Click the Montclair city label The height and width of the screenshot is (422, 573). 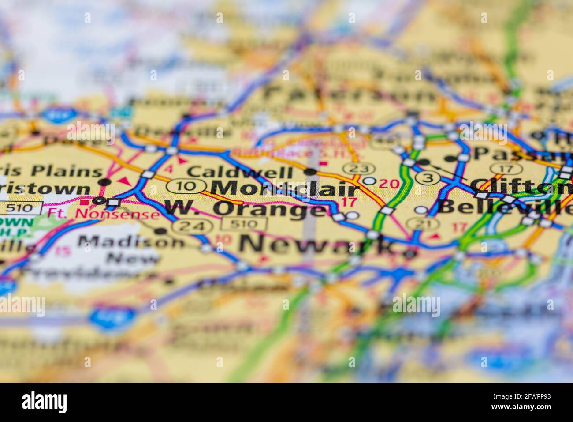[x=285, y=188]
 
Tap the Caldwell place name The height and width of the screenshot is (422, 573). [x=240, y=172]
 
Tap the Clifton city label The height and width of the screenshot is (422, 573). [x=520, y=187]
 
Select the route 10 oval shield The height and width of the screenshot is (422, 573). [x=187, y=186]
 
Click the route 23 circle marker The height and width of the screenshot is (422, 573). [x=358, y=168]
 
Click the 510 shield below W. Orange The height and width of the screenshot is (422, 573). [x=244, y=224]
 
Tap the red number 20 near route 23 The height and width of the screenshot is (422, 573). [x=389, y=183]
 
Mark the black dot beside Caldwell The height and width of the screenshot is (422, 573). [x=310, y=172]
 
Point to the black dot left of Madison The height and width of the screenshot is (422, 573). [x=161, y=230]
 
